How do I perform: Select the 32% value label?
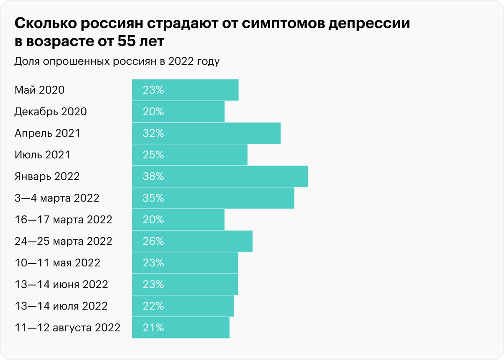coord(153,133)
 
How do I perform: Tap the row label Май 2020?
coord(39,90)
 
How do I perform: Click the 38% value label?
coord(153,176)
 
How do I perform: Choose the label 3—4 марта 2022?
coord(57,198)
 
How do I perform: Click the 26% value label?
coord(153,242)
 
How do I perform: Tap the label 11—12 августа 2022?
coord(67,328)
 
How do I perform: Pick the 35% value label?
coord(153,198)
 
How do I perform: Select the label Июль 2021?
coord(42,155)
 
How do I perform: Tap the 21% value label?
coord(153,328)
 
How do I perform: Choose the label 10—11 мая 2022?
coord(57,263)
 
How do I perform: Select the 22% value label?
coord(153,306)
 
